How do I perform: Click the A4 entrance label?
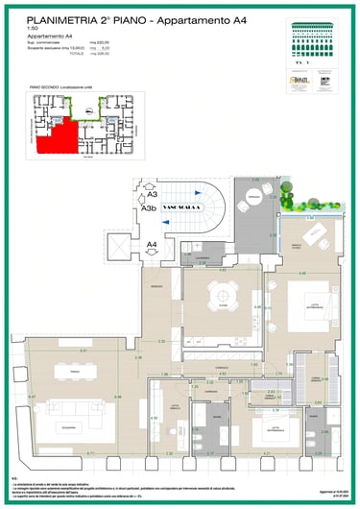click(151, 246)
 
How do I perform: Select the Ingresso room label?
click(155, 291)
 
